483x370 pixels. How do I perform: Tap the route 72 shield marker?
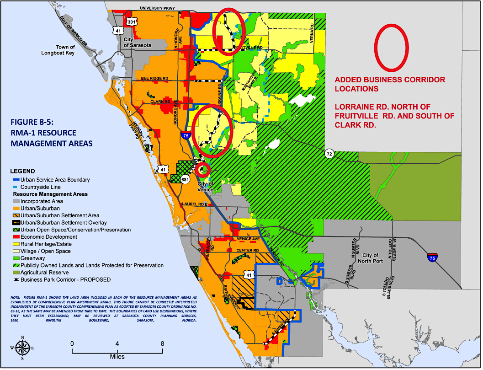click(x=329, y=154)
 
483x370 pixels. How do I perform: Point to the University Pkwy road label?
click(x=158, y=8)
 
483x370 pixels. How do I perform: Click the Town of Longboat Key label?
click(x=72, y=50)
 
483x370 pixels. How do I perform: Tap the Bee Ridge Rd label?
click(x=154, y=79)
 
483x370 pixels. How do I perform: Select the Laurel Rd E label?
click(x=194, y=204)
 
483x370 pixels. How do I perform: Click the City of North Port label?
click(x=371, y=258)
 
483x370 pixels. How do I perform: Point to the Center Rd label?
click(x=248, y=251)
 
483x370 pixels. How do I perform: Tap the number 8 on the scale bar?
click(x=162, y=343)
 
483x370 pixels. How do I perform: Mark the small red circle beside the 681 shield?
click(x=203, y=169)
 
